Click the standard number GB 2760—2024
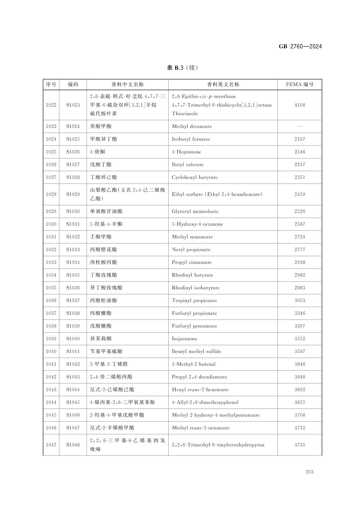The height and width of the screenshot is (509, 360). [300, 47]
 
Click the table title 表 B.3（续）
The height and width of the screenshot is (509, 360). [183, 68]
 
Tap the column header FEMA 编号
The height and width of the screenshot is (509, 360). [300, 84]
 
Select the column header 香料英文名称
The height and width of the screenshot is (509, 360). [223, 84]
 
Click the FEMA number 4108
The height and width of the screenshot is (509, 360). [300, 105]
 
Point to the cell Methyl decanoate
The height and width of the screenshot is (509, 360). [192, 126]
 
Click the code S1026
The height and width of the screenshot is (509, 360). [73, 152]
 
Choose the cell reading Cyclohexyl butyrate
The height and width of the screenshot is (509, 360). [194, 177]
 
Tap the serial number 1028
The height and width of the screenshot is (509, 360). [51, 194]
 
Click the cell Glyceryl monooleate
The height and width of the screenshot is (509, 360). [195, 211]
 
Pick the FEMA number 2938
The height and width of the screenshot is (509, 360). [300, 262]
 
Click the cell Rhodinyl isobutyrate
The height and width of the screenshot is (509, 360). [196, 288]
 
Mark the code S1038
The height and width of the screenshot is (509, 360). [73, 313]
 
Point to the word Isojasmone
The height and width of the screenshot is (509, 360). [184, 339]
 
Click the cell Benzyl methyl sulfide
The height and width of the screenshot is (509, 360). [196, 351]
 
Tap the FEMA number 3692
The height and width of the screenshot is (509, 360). [300, 389]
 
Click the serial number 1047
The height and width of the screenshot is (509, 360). [51, 445]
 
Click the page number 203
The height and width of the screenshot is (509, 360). [309, 472]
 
